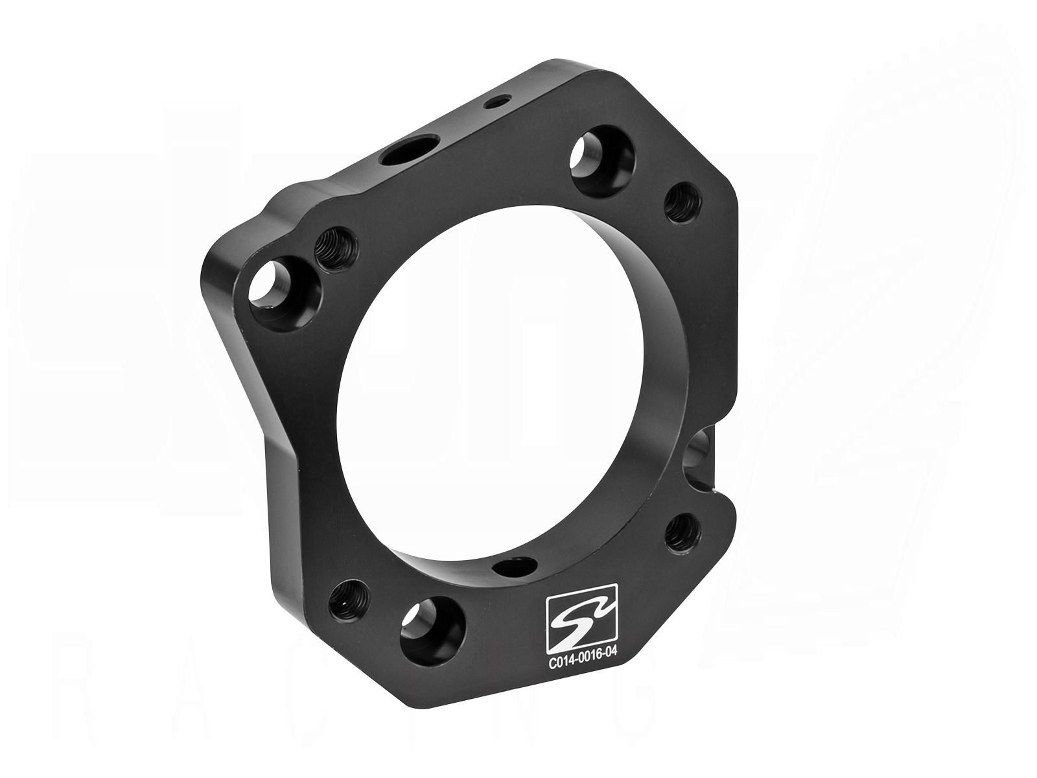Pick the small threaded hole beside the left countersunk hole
tap(334, 247)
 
